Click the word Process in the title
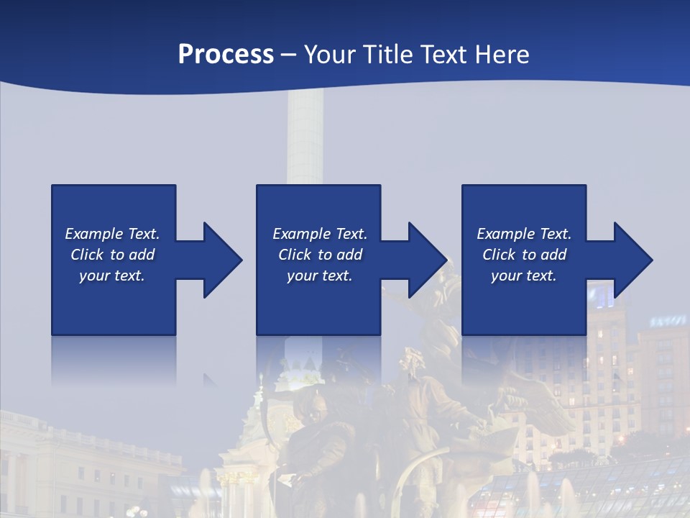[226, 55]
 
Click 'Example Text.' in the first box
[112, 234]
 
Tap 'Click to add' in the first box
[112, 255]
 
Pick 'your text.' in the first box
[112, 276]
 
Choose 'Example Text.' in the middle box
[320, 234]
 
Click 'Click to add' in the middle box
[320, 255]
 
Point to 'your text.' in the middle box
[320, 276]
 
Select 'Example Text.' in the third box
[524, 234]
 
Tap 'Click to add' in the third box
[524, 255]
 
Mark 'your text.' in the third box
[524, 276]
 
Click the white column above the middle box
[305, 137]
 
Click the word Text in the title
[443, 55]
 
